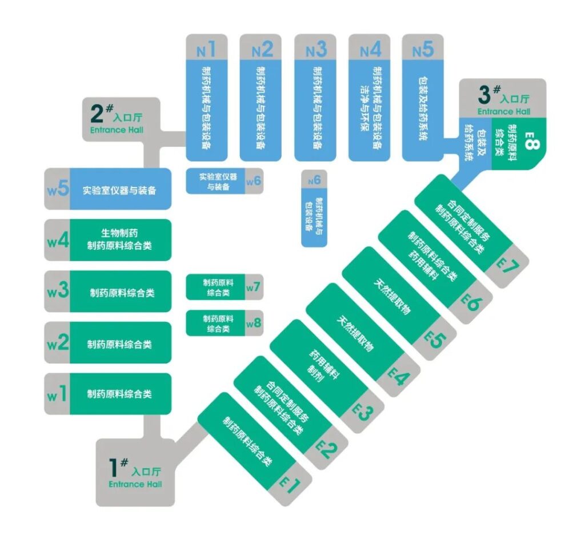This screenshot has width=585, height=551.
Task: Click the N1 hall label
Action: click(206, 50)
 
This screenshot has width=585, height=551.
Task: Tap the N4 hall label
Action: click(370, 50)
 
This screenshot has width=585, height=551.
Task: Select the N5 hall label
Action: click(423, 50)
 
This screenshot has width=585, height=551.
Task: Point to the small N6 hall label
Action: click(314, 181)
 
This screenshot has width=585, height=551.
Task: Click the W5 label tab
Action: click(57, 188)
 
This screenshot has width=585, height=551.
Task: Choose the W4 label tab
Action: click(57, 239)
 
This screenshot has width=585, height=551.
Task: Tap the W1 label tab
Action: click(57, 394)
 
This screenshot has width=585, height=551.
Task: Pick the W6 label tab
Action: click(254, 181)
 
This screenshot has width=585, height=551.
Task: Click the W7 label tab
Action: click(254, 288)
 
